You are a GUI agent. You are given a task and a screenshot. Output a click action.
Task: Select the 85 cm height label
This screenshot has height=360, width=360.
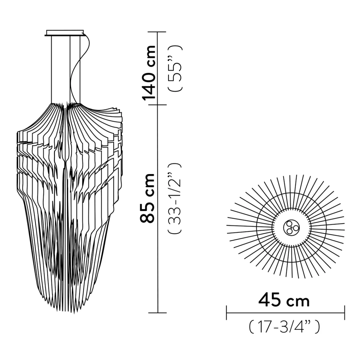pyautogui.click(x=148, y=198)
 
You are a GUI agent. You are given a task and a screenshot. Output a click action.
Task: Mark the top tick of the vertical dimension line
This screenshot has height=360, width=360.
pyautogui.click(x=158, y=32)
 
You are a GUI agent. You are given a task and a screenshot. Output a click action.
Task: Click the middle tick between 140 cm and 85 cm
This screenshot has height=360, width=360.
pyautogui.click(x=158, y=105)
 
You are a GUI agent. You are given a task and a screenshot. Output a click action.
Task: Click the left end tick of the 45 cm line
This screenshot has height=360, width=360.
pyautogui.click(x=227, y=313)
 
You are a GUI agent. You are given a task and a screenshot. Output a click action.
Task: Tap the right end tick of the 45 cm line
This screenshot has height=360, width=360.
pyautogui.click(x=344, y=313)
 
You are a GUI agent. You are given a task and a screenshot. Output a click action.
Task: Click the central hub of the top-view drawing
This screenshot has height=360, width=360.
pyautogui.click(x=291, y=227)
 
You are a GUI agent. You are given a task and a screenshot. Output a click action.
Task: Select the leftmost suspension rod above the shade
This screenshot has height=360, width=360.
pyautogui.click(x=52, y=69)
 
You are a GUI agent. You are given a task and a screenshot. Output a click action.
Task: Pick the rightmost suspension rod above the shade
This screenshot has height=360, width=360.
pyautogui.click(x=80, y=69)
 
